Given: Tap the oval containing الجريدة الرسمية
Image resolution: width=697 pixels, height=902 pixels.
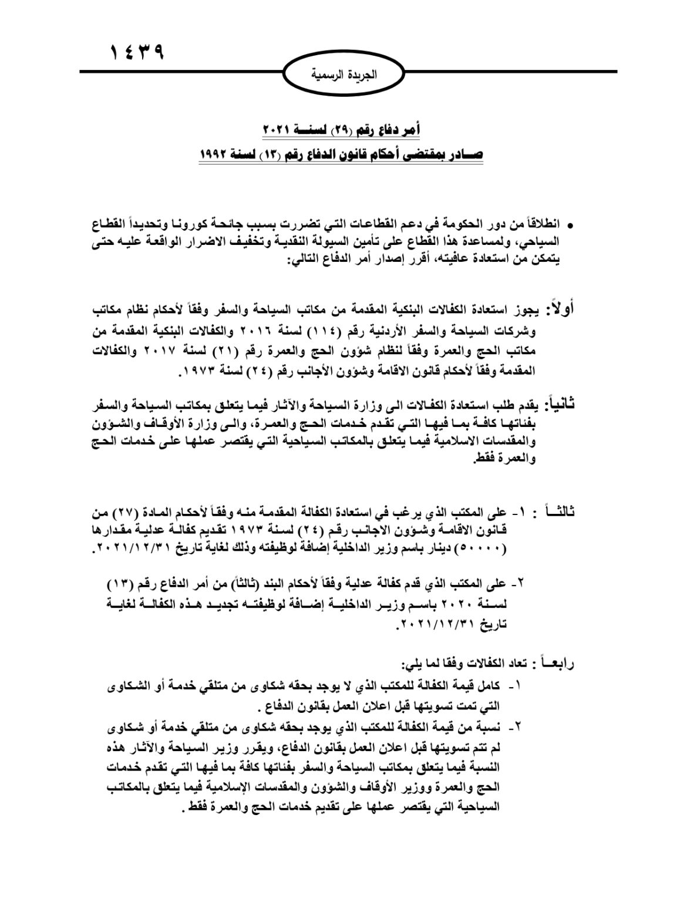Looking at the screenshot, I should (x=347, y=75).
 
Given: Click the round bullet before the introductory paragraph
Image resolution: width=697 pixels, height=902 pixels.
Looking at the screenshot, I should (x=570, y=225).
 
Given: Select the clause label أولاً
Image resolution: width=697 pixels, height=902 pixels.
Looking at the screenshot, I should (x=562, y=309).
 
